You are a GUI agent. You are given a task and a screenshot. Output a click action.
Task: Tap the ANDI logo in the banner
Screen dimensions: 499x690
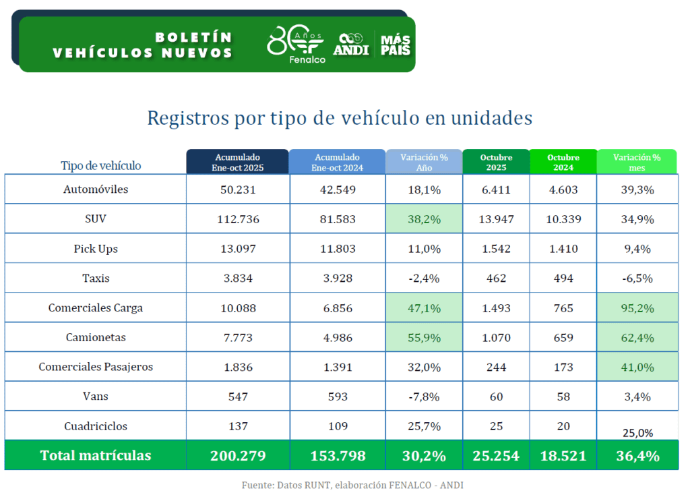click(351, 45)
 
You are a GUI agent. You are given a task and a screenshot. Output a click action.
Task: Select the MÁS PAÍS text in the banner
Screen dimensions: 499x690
click(396, 45)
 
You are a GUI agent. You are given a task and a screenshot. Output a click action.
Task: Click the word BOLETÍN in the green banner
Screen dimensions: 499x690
click(193, 37)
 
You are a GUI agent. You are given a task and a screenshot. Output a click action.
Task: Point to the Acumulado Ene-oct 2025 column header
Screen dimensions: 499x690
click(237, 162)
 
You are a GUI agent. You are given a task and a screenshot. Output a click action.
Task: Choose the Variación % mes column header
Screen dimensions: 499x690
click(637, 162)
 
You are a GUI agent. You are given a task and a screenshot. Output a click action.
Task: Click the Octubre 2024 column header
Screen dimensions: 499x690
click(563, 162)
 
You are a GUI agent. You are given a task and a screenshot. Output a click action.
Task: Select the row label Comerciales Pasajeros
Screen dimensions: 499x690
click(96, 367)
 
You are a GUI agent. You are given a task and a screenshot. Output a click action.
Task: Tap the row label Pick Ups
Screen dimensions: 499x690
click(96, 249)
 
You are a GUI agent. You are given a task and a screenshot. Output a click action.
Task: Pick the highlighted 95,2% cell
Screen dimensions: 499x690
click(637, 308)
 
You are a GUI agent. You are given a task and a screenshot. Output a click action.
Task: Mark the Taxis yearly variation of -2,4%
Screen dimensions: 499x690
click(425, 278)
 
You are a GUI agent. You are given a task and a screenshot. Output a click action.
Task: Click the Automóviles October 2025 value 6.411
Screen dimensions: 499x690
click(496, 189)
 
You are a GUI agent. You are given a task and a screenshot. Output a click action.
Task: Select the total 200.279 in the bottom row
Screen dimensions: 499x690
click(237, 456)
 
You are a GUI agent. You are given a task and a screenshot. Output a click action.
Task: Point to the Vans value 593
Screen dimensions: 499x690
click(337, 397)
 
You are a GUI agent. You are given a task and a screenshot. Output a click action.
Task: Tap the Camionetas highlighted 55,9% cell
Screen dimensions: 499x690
click(425, 338)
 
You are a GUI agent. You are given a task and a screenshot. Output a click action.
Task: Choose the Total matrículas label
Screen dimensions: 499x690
click(96, 456)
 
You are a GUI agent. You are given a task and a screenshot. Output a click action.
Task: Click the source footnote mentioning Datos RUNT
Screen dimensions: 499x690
click(352, 485)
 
